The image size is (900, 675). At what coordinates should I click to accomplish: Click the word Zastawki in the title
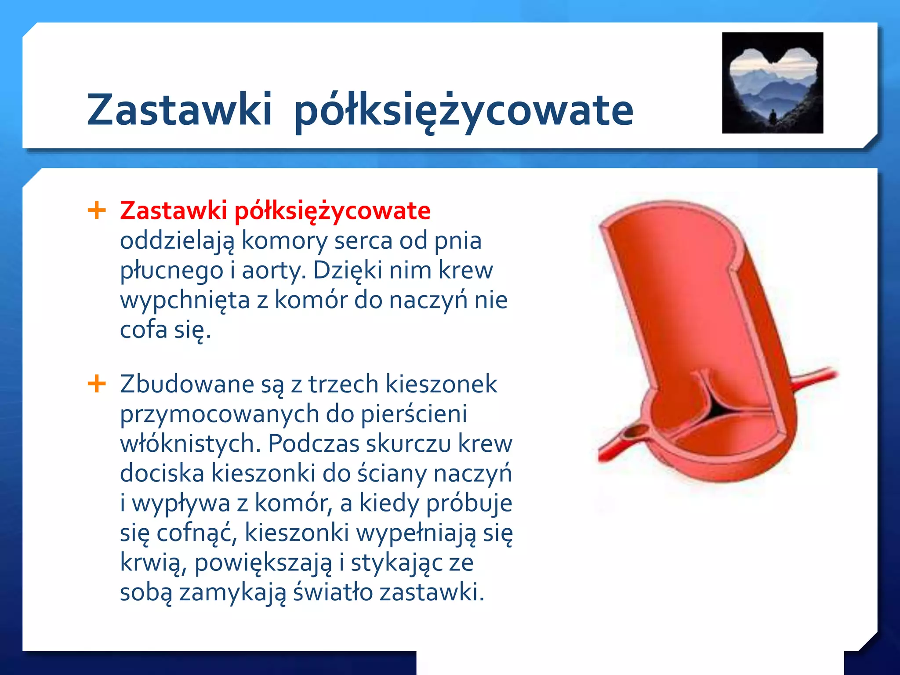(x=179, y=110)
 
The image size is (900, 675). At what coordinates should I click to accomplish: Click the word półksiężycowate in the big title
(x=464, y=111)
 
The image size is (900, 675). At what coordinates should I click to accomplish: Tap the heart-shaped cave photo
(x=773, y=83)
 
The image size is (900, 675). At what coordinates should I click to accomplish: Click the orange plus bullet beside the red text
(x=97, y=210)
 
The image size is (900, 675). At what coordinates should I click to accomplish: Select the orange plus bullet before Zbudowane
(x=97, y=384)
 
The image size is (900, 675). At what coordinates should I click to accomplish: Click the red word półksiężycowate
(x=332, y=211)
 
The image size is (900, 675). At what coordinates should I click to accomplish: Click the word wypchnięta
(x=185, y=300)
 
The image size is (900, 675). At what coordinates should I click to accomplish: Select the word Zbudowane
(x=187, y=384)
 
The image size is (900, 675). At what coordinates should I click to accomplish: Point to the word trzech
(x=343, y=384)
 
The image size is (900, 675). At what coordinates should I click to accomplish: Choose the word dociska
(x=162, y=473)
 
